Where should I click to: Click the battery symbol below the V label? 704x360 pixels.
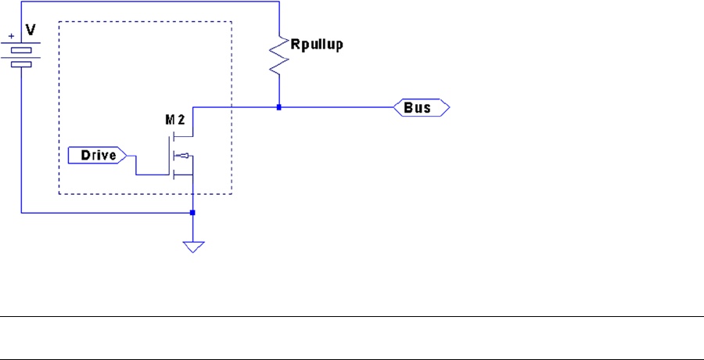[x=21, y=53]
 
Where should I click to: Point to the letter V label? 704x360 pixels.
[x=31, y=29]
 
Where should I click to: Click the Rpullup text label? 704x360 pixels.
[x=316, y=45]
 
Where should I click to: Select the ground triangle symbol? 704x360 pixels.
[x=193, y=247]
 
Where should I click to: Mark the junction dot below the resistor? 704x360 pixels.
[x=278, y=107]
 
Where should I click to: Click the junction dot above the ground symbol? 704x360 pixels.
[x=193, y=212]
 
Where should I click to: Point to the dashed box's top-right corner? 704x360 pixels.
[x=232, y=22]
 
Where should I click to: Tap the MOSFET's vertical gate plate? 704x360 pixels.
[x=173, y=155]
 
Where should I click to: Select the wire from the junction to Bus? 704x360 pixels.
[x=336, y=107]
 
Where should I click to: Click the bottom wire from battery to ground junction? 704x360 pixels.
[x=102, y=212]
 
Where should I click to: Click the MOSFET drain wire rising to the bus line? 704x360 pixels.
[x=193, y=121]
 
